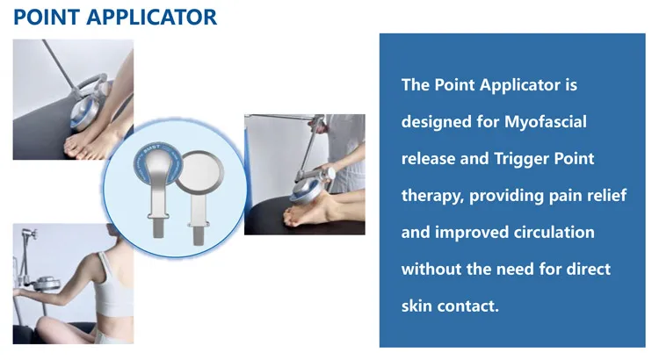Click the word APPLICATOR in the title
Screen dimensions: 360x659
click(150, 17)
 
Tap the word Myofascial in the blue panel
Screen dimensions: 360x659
click(545, 122)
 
